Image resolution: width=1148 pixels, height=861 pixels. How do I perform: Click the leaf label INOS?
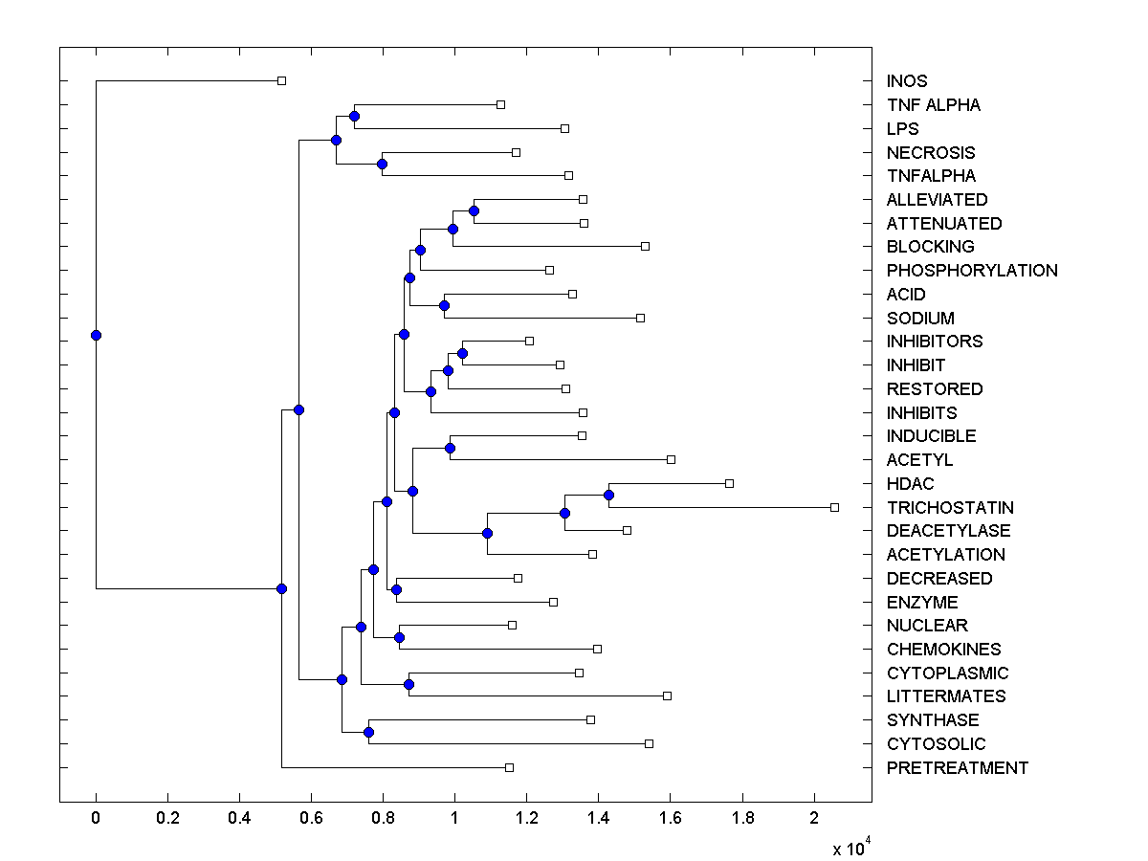907,81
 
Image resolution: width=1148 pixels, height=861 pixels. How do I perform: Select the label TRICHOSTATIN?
950,508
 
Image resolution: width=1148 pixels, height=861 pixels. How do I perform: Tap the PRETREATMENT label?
957,768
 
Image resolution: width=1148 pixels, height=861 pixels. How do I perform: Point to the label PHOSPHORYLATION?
972,271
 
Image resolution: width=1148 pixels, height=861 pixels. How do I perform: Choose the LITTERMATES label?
946,696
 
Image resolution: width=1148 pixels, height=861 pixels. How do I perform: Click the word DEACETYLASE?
948,531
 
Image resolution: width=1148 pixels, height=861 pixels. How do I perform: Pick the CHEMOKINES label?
943,650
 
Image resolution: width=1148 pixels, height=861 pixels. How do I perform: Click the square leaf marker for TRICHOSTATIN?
834,507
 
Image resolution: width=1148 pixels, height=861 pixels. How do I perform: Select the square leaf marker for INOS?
281,80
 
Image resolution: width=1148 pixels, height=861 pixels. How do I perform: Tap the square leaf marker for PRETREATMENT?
509,767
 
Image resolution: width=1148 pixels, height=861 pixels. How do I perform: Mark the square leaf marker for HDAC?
729,483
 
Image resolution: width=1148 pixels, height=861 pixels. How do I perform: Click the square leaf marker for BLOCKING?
645,246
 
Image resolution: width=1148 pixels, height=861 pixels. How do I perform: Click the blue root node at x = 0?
96,335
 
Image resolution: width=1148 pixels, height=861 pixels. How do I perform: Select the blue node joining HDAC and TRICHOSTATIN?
608,495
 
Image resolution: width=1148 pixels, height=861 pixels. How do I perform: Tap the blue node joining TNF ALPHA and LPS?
354,116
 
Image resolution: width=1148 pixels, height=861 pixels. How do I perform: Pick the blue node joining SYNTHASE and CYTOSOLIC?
368,732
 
